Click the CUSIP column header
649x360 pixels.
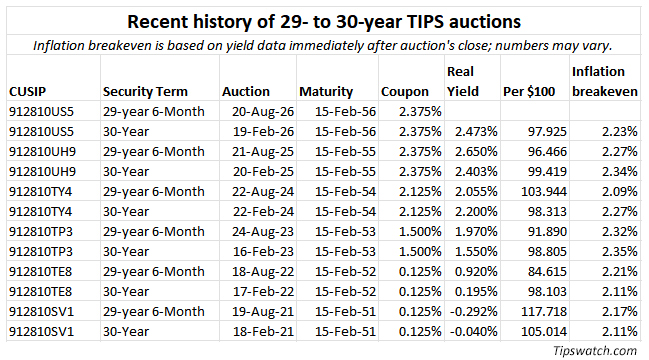pos(27,91)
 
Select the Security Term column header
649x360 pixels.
pos(145,91)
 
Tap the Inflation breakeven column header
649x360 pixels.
pos(605,82)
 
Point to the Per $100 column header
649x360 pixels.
pos(529,91)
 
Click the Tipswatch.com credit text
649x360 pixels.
pos(595,350)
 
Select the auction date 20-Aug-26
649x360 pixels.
pos(263,111)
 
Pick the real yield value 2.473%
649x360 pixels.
pos(476,132)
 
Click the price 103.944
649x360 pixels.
pos(544,192)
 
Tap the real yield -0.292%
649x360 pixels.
pos(474,311)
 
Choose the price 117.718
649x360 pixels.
pos(544,311)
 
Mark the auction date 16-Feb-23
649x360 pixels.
pos(263,252)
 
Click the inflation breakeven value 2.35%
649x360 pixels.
pos(620,252)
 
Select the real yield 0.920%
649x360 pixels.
pos(476,271)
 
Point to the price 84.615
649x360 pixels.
pos(547,271)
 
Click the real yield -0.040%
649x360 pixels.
pos(474,331)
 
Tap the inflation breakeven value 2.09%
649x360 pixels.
pos(620,192)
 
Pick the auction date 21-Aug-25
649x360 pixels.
pos(263,151)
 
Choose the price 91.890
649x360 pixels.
pos(547,231)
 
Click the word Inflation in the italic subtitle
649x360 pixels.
pos(59,45)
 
